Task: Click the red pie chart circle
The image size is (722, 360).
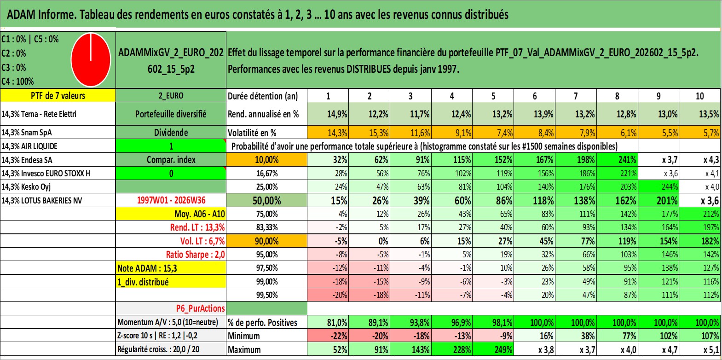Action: pyautogui.click(x=91, y=60)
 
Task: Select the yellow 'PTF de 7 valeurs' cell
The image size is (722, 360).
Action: pyautogui.click(x=58, y=95)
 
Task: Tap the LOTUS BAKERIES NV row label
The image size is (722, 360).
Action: pyautogui.click(x=41, y=200)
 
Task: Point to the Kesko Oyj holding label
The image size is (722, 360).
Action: pyautogui.click(x=26, y=187)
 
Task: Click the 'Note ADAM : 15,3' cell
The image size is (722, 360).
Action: pyautogui.click(x=171, y=268)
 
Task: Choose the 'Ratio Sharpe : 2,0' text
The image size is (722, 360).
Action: pyautogui.click(x=195, y=255)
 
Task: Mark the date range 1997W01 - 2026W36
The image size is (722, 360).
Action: pyautogui.click(x=171, y=200)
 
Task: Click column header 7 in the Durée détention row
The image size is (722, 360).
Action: pyautogui.click(x=576, y=96)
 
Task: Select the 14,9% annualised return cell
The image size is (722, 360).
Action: pyautogui.click(x=328, y=114)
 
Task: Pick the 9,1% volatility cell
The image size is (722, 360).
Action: pyautogui.click(x=452, y=133)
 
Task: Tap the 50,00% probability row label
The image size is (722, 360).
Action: pyautogui.click(x=266, y=200)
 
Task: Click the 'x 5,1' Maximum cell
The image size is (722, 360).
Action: pyautogui.click(x=700, y=349)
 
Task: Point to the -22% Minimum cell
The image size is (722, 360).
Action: pyautogui.click(x=328, y=336)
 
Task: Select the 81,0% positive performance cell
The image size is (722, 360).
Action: pyautogui.click(x=328, y=322)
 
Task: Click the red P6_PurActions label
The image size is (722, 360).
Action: pyautogui.click(x=200, y=308)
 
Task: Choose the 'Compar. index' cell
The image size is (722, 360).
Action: pyautogui.click(x=171, y=160)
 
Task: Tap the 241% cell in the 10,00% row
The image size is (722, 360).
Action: pyautogui.click(x=617, y=160)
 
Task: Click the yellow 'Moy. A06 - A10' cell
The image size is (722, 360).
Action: pyautogui.click(x=171, y=214)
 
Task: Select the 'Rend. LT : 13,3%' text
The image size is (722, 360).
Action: pyautogui.click(x=197, y=227)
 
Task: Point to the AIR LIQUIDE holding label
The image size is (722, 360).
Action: pyautogui.click(x=29, y=146)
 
